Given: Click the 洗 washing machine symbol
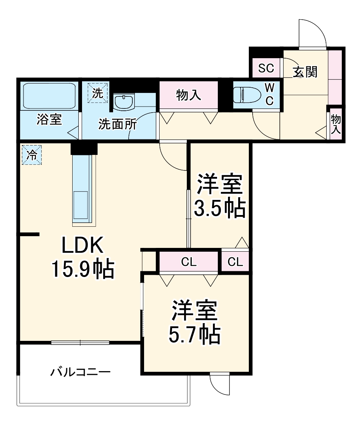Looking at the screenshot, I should click(98, 93).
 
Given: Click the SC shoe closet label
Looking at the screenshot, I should click(266, 68).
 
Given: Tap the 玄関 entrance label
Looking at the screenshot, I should click(305, 71).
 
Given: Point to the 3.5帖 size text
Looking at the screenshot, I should click(219, 209).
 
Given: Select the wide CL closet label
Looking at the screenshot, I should click(189, 262).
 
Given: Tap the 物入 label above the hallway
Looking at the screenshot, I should click(188, 95).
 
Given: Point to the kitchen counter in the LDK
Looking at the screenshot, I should click(82, 191).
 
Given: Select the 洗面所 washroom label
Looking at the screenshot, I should click(118, 124).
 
